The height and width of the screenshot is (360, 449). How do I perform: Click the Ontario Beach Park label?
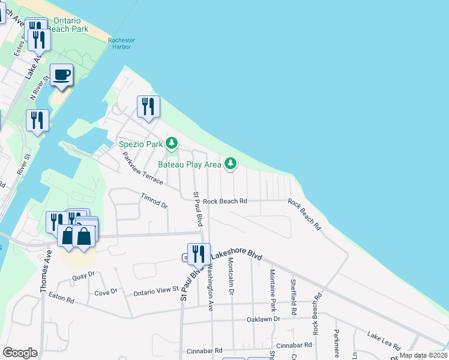point(70,25)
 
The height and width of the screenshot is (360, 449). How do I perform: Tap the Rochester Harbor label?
point(121,44)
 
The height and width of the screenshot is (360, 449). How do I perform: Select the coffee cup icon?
point(61,75)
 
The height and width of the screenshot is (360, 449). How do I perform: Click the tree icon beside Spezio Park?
point(172,143)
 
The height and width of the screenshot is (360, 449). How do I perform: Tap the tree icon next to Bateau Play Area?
point(230,163)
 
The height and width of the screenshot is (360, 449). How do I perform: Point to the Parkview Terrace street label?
point(142,168)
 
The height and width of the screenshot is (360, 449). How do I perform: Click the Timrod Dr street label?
point(154,200)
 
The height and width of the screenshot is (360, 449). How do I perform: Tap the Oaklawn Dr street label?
point(264,319)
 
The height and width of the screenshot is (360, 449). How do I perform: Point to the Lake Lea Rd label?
point(384,340)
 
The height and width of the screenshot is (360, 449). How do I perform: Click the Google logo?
point(20,352)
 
